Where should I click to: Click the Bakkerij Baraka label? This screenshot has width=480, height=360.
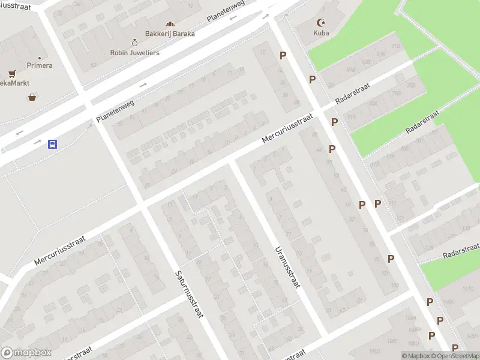tap(170, 34)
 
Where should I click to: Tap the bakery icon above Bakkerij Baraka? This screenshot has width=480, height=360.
tap(170, 24)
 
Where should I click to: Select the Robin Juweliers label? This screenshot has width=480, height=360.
tap(136, 52)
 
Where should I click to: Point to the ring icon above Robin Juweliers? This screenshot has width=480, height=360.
tap(135, 43)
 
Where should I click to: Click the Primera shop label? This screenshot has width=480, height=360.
tap(40, 65)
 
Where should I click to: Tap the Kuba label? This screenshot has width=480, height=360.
tap(321, 33)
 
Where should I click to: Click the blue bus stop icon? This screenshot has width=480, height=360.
tap(53, 144)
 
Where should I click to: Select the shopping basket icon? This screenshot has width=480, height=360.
tap(32, 97)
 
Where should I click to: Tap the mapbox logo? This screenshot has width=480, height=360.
tap(26, 353)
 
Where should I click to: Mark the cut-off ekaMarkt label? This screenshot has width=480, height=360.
tap(15, 83)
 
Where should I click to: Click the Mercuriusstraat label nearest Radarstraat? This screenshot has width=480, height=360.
tap(288, 129)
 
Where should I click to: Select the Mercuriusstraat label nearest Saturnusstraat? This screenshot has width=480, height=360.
tap(60, 250)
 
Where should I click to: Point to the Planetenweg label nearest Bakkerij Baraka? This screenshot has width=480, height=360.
tap(226, 11)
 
